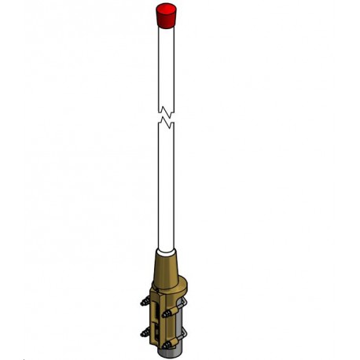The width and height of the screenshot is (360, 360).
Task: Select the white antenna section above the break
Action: coord(165,63)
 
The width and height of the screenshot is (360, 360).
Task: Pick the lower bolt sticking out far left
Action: coord(145,332)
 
